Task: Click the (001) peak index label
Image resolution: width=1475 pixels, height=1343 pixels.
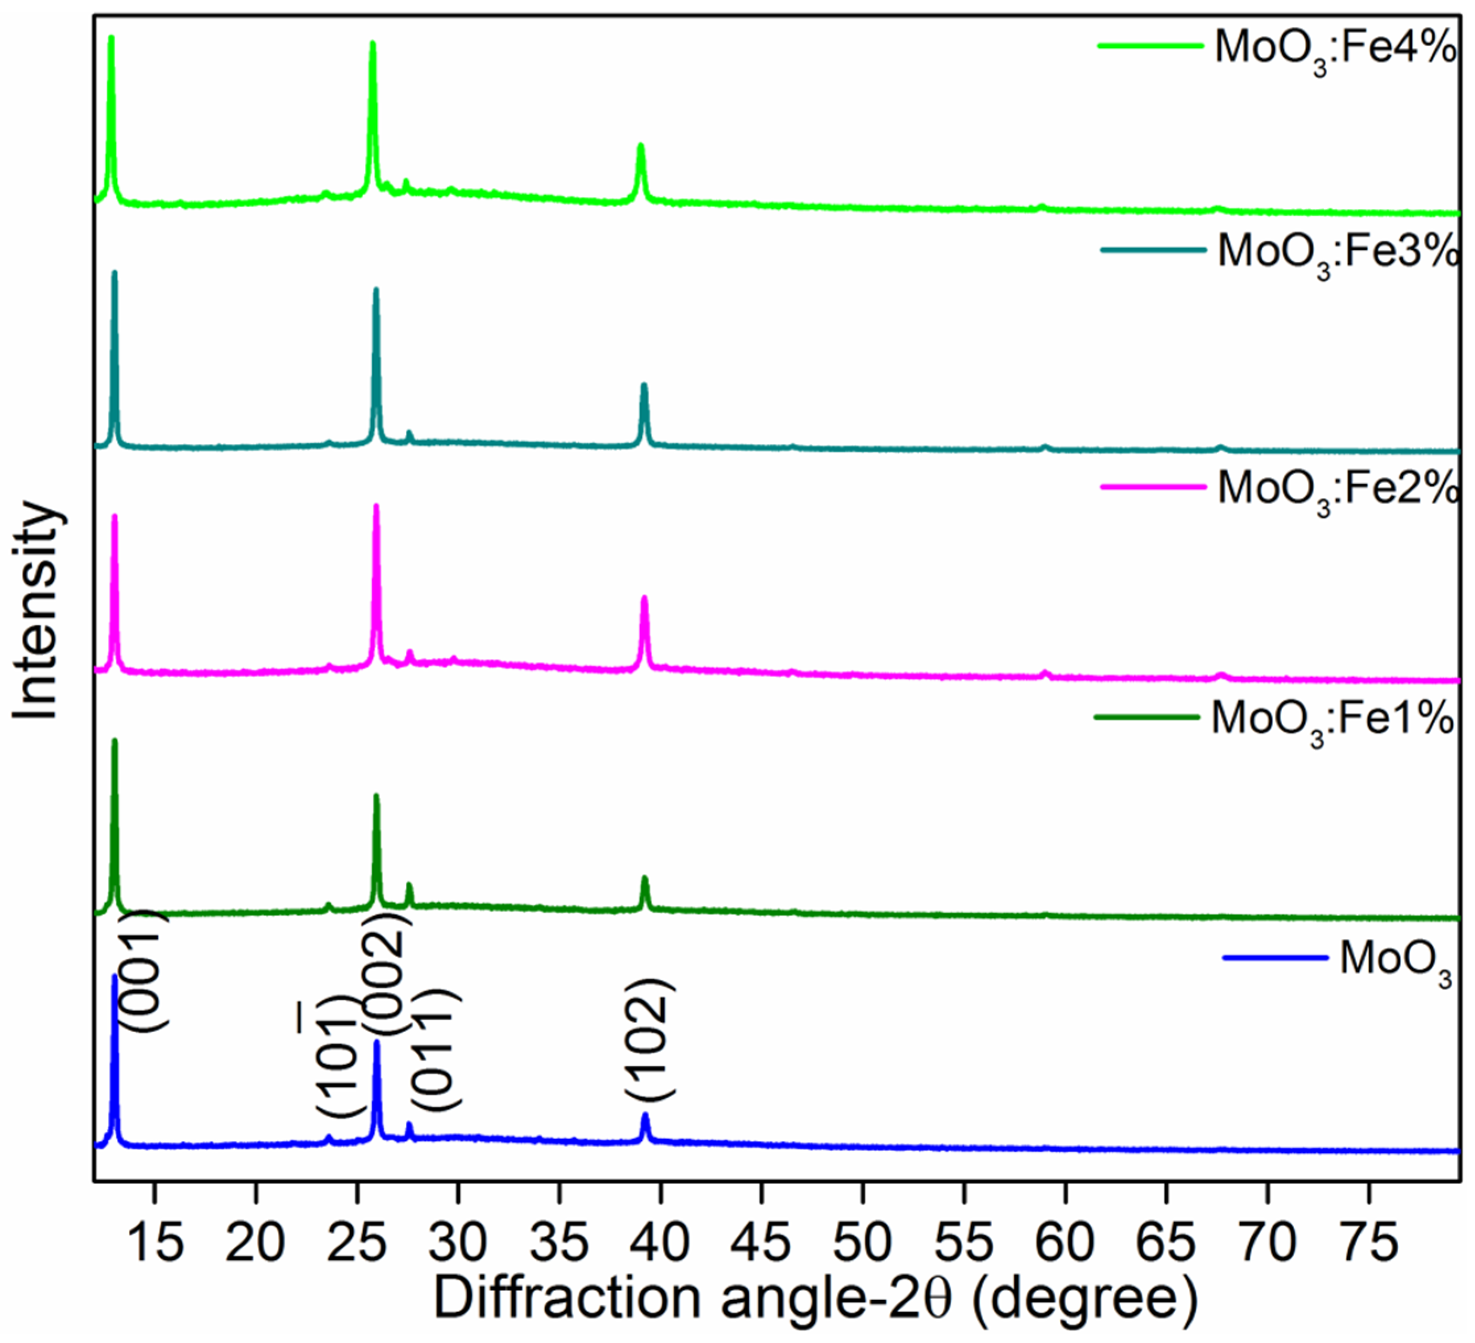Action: pyautogui.click(x=143, y=970)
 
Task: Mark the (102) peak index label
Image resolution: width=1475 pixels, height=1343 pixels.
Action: pyautogui.click(x=650, y=1039)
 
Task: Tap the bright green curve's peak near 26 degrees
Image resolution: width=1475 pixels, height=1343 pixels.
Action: pyautogui.click(x=372, y=44)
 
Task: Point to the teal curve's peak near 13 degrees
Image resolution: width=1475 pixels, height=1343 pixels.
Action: pyautogui.click(x=114, y=273)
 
